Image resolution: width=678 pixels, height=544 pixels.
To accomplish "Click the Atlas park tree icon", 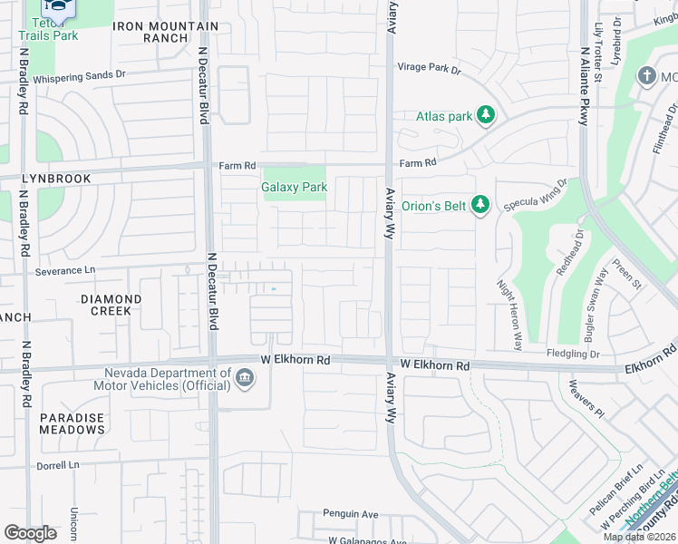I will pos(488,115).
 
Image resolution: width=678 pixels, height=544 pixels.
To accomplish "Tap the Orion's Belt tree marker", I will pos(480,206).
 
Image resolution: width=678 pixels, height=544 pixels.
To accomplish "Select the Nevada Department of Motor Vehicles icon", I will pos(245,377).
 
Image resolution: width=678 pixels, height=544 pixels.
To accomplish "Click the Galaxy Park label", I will pos(294,187).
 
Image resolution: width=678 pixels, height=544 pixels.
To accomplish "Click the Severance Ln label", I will pos(64,270).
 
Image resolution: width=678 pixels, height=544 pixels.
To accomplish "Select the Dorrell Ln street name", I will pos(59,464).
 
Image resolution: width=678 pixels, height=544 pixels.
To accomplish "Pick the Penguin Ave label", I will pos(351,514).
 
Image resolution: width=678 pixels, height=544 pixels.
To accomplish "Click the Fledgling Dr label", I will pos(573,354).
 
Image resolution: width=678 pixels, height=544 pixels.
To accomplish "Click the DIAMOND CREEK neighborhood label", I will pos(111,305).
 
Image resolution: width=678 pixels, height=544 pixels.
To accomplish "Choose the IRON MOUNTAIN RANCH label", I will pos(166,33).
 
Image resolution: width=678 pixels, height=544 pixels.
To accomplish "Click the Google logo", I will pos(30,532).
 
